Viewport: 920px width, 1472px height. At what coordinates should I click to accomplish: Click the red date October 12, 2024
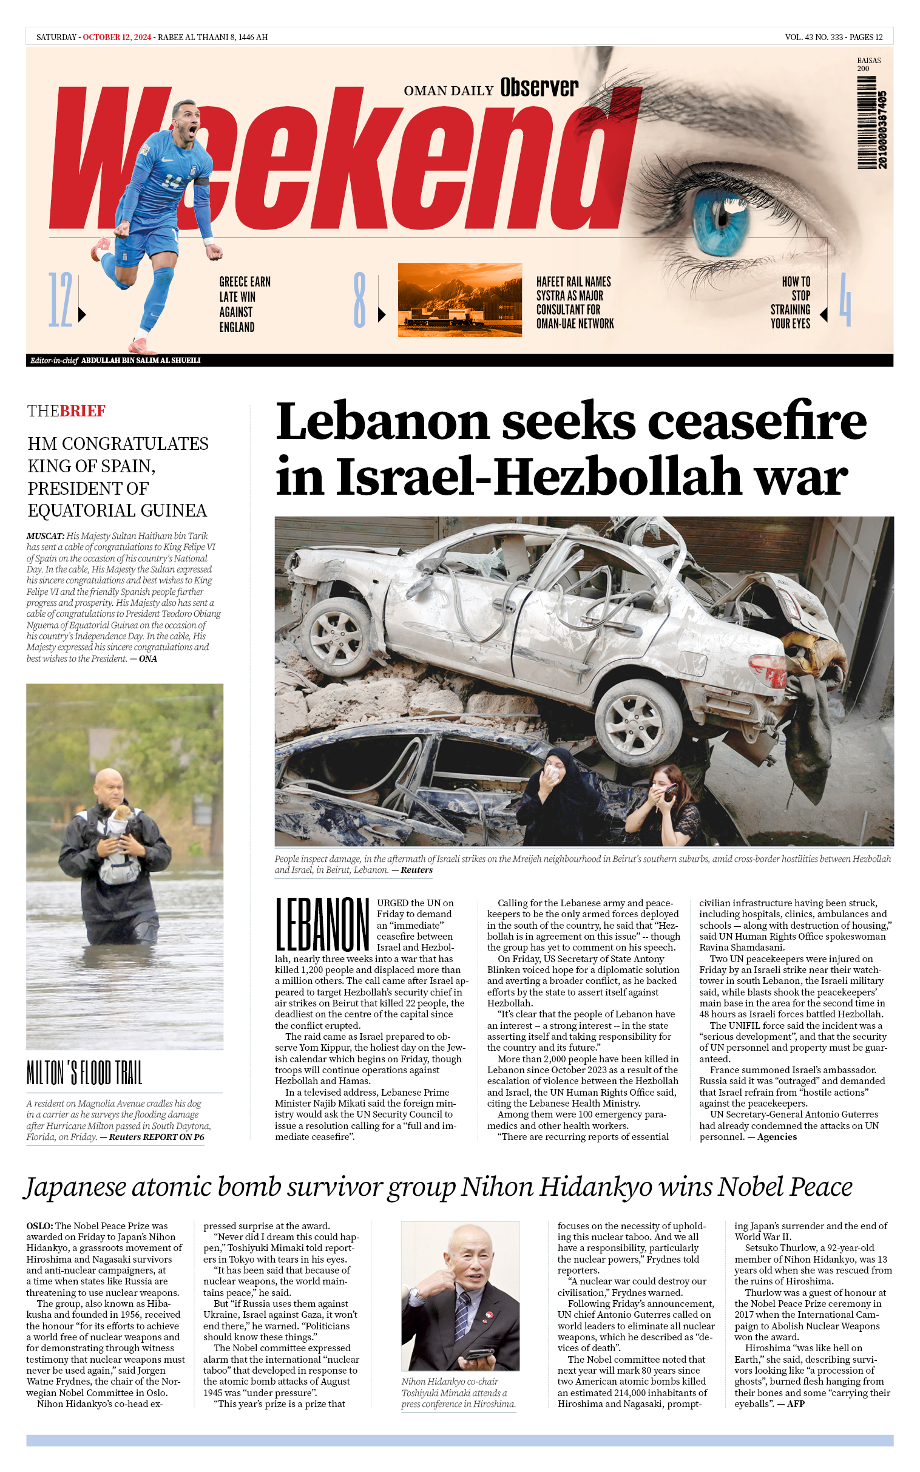click(117, 37)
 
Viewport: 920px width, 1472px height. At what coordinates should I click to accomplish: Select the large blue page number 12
click(60, 300)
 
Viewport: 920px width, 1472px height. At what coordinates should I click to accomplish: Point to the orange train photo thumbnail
click(459, 299)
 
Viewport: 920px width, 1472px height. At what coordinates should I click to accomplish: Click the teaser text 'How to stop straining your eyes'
click(790, 302)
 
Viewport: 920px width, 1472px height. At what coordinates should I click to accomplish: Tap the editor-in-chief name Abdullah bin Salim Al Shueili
click(141, 360)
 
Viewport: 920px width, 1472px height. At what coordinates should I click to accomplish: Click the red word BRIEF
click(83, 411)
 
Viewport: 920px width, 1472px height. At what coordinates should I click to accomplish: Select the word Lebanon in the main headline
click(382, 421)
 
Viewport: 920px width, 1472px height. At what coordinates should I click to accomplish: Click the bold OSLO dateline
click(39, 1226)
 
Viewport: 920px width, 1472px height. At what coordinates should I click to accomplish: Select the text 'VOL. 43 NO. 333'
click(814, 37)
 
